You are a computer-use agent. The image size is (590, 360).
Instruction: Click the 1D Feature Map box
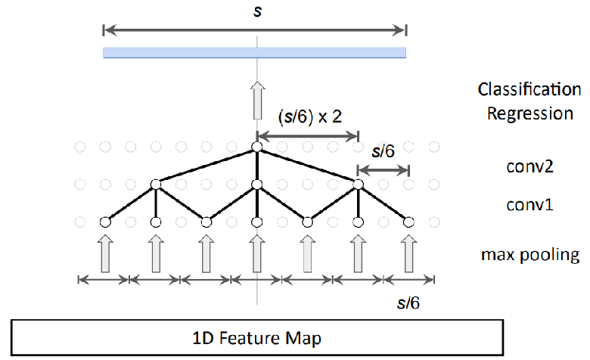click(x=256, y=337)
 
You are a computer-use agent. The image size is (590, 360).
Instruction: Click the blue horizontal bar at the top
click(x=255, y=52)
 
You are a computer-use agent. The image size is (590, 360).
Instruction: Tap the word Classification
click(x=529, y=90)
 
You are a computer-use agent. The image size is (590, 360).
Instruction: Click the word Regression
click(x=529, y=113)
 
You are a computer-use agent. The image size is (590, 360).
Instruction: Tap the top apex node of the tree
click(x=256, y=147)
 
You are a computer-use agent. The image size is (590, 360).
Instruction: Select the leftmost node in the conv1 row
click(x=156, y=184)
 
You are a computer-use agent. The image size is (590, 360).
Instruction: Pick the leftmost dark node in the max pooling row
click(x=105, y=222)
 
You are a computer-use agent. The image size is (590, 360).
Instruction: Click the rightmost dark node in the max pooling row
click(x=409, y=222)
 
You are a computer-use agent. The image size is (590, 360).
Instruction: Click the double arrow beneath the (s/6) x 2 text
click(x=307, y=137)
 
